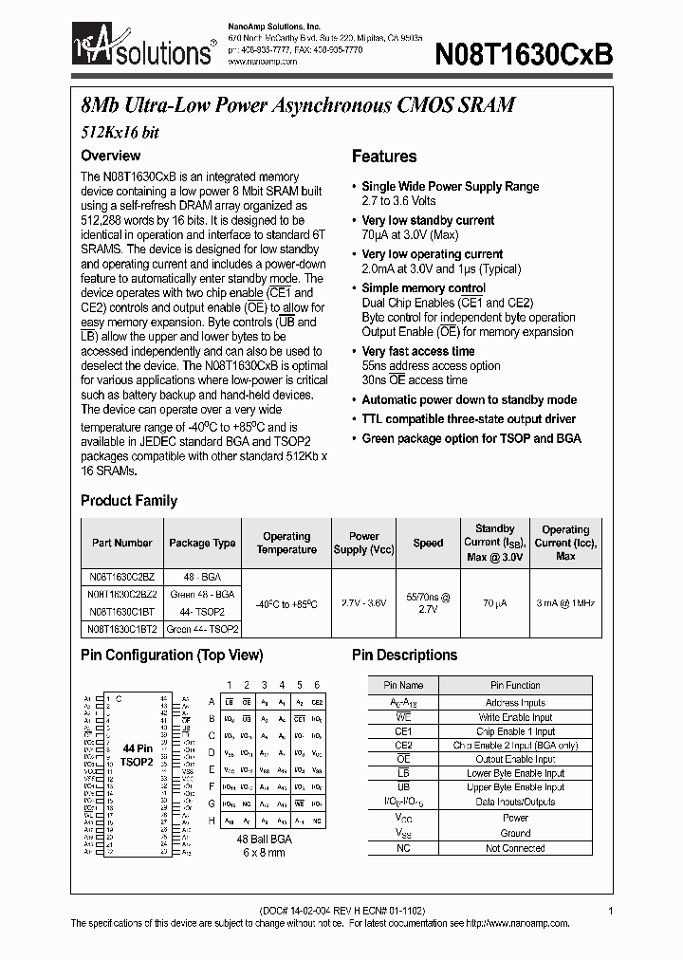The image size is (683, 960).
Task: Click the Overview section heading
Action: point(110,156)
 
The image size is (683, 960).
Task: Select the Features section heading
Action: point(384,157)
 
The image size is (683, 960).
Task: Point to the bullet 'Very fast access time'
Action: point(417,351)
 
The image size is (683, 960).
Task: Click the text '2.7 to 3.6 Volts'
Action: point(398,201)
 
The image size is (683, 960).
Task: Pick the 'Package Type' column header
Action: point(202,544)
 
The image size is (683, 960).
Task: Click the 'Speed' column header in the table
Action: point(428,544)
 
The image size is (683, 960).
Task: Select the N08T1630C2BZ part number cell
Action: point(121,576)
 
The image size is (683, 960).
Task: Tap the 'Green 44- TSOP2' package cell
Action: point(202,629)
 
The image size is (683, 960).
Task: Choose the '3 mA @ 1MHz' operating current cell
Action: point(565,602)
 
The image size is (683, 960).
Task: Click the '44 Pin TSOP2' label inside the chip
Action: point(137,755)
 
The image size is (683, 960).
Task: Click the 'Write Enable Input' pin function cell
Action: point(515,717)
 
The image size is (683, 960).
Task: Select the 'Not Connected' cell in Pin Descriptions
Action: point(515,847)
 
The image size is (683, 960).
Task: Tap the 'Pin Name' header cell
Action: point(403,685)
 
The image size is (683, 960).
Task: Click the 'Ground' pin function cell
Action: point(515,833)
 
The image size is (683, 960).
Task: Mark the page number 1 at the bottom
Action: point(611,910)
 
